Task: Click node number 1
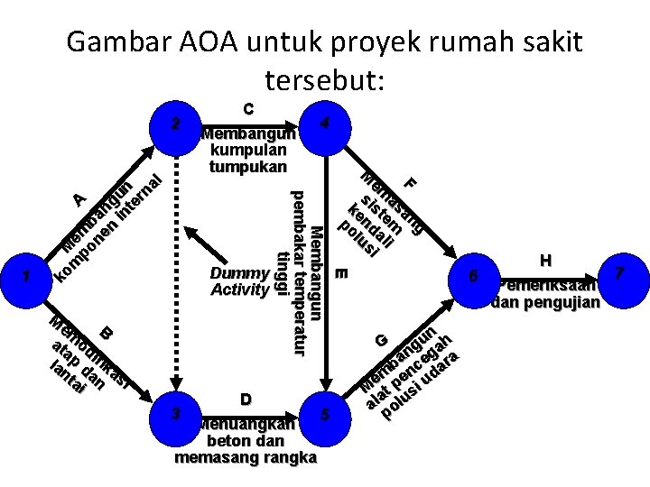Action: (28, 276)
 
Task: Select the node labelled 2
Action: (177, 122)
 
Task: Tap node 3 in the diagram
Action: (177, 414)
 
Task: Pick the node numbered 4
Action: (330, 122)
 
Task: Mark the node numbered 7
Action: (618, 271)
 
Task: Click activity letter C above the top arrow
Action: (247, 108)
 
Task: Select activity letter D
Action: (246, 399)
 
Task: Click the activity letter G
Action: (383, 340)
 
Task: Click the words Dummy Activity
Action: (239, 281)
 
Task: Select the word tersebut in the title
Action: (325, 81)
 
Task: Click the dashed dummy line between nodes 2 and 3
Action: (177, 271)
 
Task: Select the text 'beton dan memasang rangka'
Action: (246, 449)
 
